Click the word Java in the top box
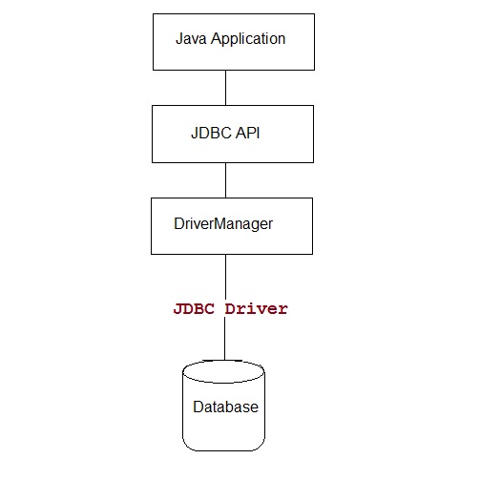[x=191, y=39]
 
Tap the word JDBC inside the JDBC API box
[x=211, y=134]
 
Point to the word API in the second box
[x=248, y=134]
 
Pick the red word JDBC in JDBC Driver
[x=196, y=309]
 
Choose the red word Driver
[x=256, y=309]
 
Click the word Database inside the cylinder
[x=225, y=407]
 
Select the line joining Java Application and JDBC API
[x=225, y=88]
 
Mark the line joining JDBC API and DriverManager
[x=225, y=180]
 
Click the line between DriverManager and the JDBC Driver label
[x=225, y=276]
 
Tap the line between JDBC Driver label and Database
[x=225, y=339]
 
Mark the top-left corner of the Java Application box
[x=153, y=14]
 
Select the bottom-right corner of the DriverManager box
[x=312, y=254]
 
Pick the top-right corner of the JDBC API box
[x=312, y=106]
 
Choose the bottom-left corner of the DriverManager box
[x=151, y=254]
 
